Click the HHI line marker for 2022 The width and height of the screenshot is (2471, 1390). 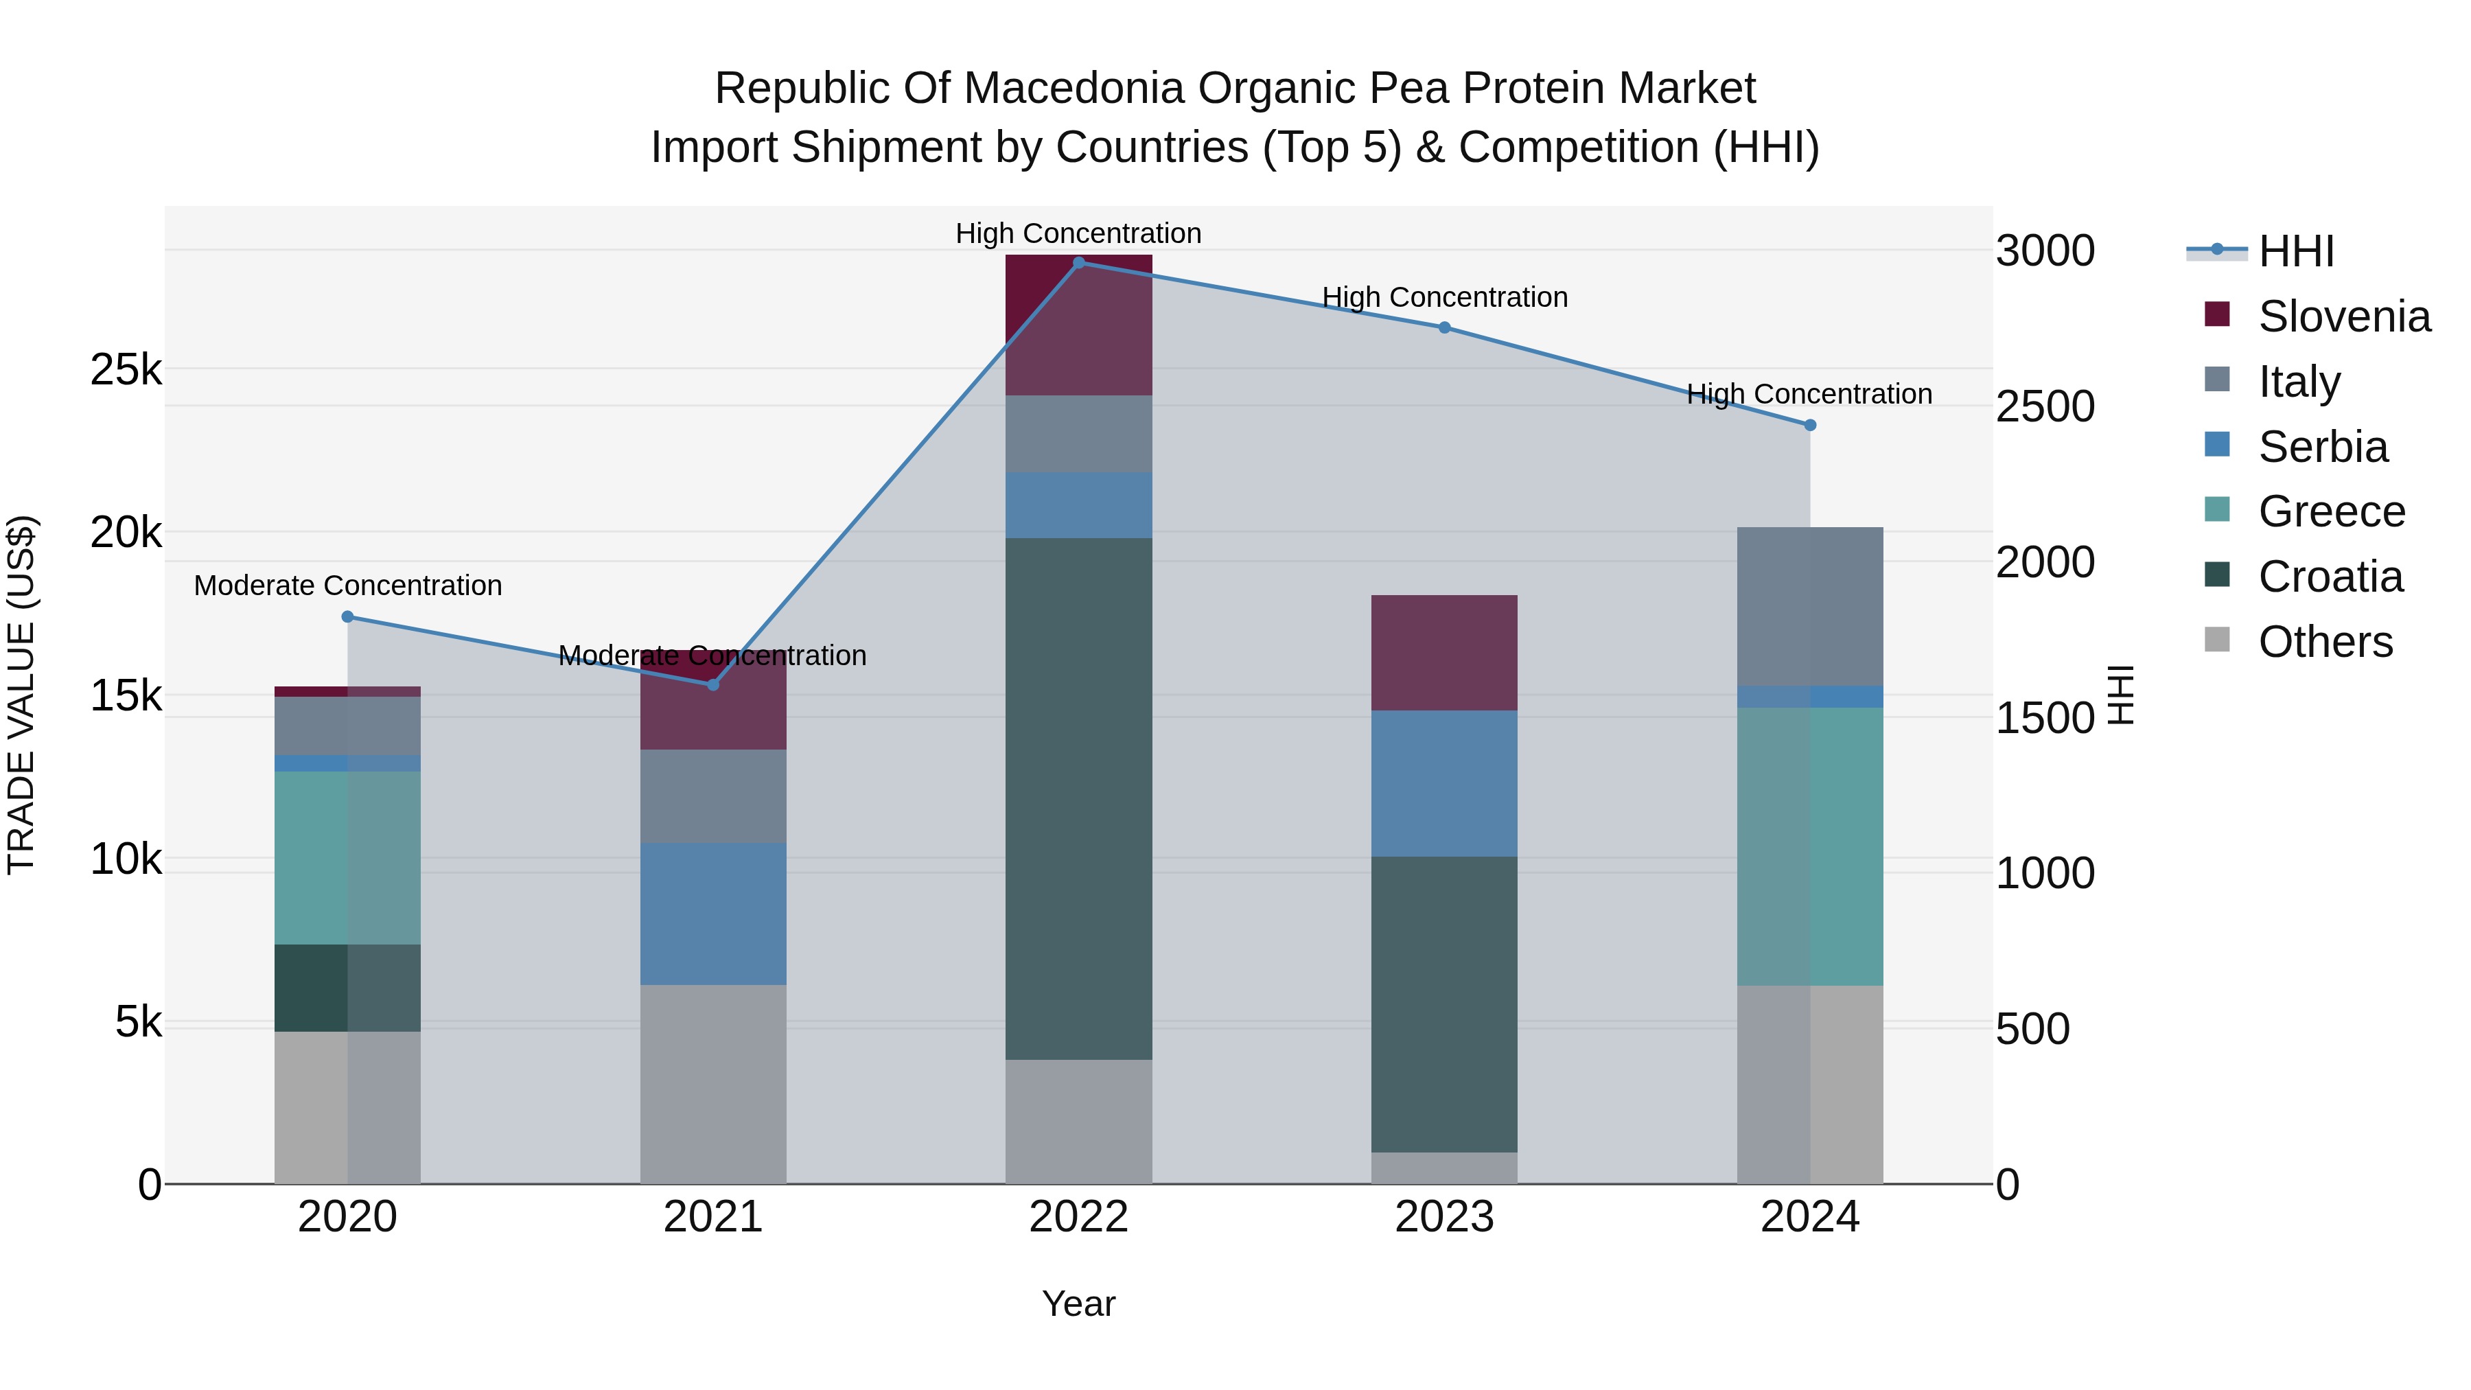click(1078, 263)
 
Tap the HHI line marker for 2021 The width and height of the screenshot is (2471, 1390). click(712, 685)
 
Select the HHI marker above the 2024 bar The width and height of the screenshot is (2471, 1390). click(1810, 425)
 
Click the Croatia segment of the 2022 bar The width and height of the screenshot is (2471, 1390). click(1078, 798)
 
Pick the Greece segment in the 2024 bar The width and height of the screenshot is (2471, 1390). click(1810, 846)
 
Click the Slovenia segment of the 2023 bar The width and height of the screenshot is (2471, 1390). click(1443, 652)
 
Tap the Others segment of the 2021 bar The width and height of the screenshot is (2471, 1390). click(712, 1084)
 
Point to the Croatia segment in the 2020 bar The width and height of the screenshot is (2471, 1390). click(347, 987)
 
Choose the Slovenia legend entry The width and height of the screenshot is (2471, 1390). click(2343, 316)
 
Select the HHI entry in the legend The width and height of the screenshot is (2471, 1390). click(2295, 251)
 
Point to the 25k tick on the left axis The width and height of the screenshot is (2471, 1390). click(126, 369)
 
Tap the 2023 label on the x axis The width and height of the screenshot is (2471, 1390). click(1443, 1217)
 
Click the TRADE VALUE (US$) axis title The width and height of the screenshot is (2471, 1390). click(21, 695)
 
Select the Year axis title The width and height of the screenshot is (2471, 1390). click(1078, 1304)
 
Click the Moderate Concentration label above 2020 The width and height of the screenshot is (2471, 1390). click(347, 585)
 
